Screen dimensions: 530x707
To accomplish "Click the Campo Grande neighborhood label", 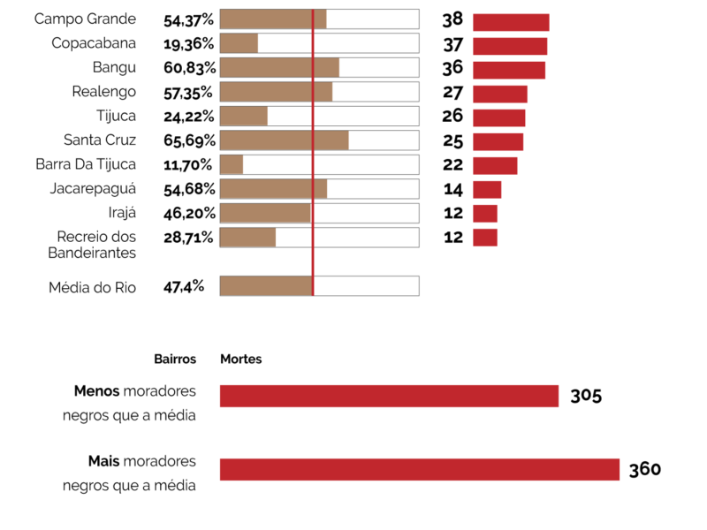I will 85,19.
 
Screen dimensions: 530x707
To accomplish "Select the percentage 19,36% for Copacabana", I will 188,43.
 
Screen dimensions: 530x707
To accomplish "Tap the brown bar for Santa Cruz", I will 284,140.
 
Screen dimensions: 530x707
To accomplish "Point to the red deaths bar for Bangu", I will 509,71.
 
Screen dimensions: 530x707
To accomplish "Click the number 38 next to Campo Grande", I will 452,20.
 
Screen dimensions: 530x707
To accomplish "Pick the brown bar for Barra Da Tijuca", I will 231,164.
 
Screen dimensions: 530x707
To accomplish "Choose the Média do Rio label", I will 92,287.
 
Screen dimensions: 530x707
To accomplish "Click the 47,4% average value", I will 184,286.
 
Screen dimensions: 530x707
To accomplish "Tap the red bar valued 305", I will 389,396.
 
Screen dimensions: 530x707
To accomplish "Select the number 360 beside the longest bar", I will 644,469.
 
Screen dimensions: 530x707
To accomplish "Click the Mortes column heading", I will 240,360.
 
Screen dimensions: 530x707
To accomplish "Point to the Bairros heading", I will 175,360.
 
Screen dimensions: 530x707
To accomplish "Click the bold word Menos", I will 97,390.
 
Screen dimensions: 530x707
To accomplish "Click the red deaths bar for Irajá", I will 485,213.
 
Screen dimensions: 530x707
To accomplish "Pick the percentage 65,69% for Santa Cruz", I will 188,140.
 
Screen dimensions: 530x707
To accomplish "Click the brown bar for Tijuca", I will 243,116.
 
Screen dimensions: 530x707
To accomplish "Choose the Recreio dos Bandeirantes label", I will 95,245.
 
